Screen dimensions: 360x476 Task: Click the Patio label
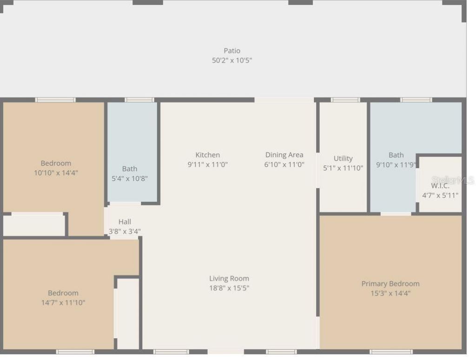232,51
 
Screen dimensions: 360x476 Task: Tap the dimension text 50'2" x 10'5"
232,60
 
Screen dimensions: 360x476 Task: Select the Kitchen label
207,155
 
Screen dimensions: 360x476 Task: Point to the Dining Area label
284,155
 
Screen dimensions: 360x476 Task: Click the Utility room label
343,159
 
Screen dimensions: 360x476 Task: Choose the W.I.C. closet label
440,186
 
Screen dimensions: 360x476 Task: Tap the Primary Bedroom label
390,284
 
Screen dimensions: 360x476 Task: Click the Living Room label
229,279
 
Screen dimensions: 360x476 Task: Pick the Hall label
125,222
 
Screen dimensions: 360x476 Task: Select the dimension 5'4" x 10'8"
130,178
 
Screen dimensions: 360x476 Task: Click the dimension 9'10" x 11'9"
396,164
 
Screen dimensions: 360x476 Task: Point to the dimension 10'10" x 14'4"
56,173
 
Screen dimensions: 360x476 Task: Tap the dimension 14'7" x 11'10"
63,302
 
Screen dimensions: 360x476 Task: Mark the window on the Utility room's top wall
345,100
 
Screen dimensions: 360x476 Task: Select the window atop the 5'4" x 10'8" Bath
139,100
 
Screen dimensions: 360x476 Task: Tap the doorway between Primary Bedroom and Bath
396,213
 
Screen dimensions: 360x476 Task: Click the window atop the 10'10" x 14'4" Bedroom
55,100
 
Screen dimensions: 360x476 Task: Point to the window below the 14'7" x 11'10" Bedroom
75,352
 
